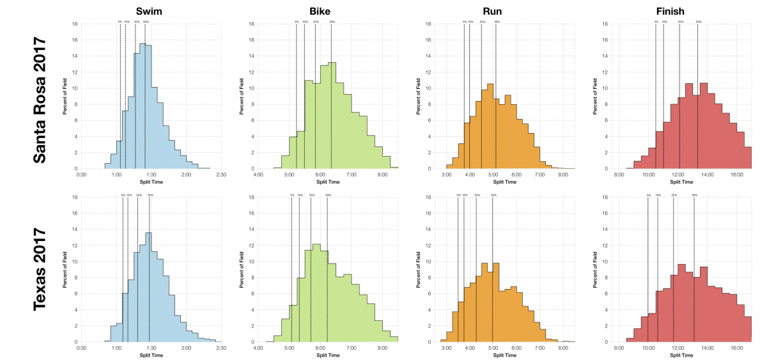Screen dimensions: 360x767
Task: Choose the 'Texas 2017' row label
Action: tap(40, 269)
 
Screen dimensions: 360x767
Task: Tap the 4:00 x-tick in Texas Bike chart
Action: tap(258, 348)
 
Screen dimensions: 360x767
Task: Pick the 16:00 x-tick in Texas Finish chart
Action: tap(736, 348)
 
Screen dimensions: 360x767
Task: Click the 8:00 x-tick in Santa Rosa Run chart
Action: tap(563, 174)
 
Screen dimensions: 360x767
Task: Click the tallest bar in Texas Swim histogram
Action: tap(149, 288)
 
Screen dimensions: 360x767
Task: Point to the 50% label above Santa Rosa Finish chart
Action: tap(698, 22)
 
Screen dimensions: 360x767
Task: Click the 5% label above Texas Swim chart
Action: tap(123, 195)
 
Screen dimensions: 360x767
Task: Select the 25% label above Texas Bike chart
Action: tap(311, 195)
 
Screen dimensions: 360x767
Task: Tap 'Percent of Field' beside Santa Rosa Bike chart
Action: tap(242, 96)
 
